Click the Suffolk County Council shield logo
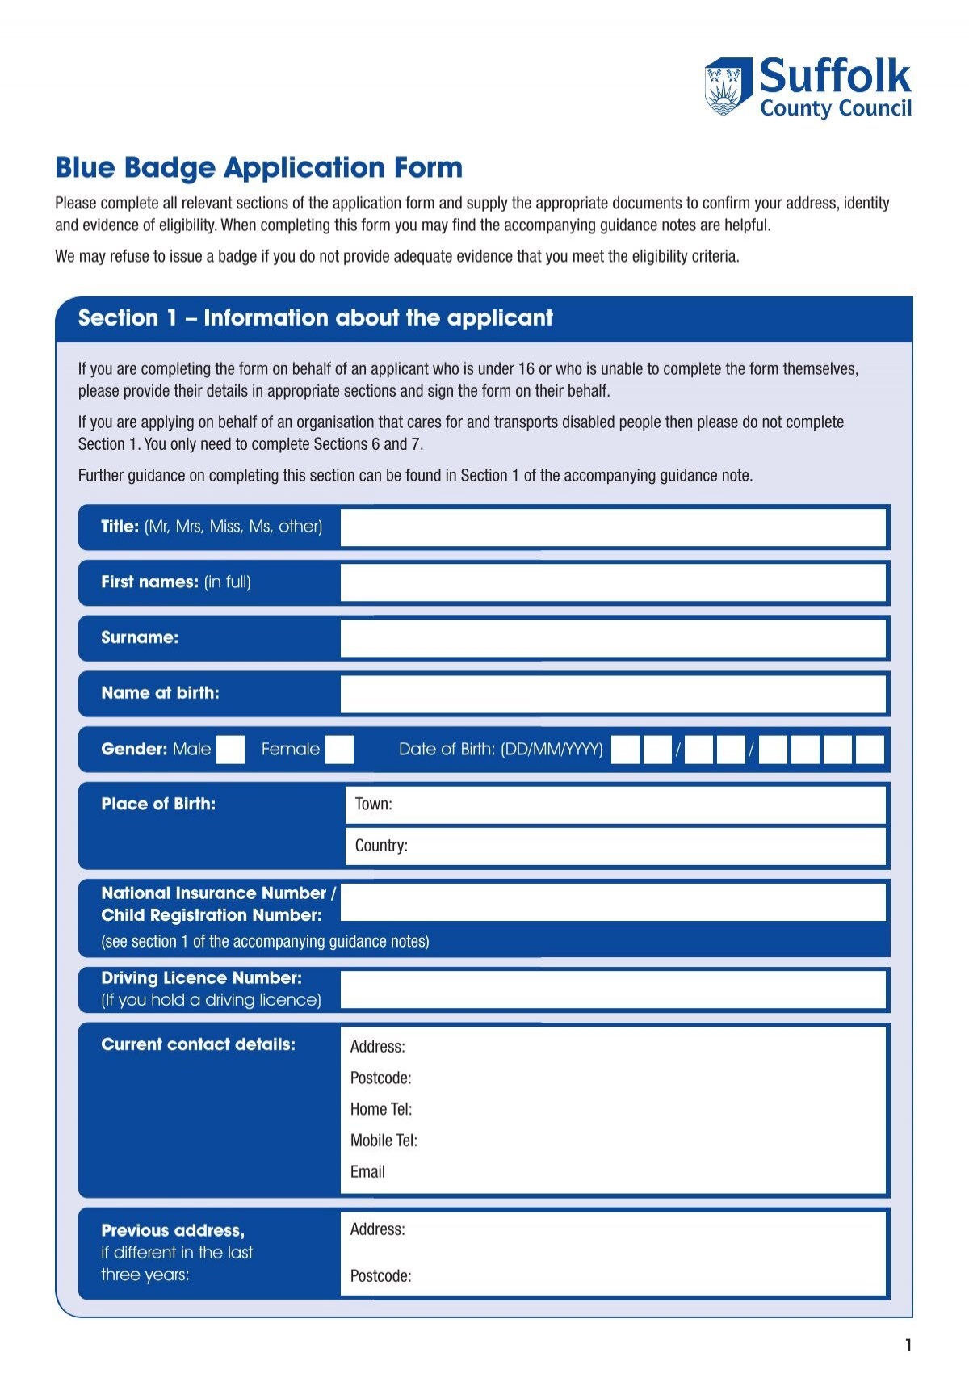point(728,86)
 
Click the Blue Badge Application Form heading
point(258,168)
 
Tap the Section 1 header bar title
point(315,318)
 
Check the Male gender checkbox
point(230,750)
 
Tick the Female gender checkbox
point(339,750)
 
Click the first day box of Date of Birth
point(625,750)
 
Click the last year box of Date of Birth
point(870,750)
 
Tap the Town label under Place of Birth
point(373,805)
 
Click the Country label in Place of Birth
point(381,846)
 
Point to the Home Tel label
point(380,1110)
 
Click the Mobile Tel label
point(384,1141)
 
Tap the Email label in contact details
point(367,1172)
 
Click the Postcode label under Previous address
point(380,1276)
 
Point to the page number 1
point(908,1345)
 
